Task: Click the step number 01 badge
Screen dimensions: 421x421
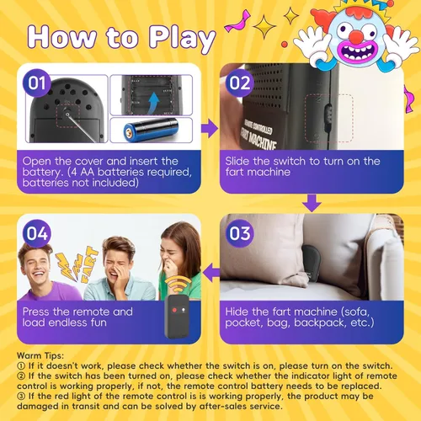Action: (37, 83)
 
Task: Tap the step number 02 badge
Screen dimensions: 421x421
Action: (240, 83)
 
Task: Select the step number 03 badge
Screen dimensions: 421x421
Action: (240, 233)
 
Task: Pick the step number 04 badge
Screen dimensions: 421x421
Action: (37, 233)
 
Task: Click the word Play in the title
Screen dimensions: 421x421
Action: (182, 37)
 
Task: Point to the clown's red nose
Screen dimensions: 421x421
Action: (356, 36)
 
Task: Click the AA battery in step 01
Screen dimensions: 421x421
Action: (151, 130)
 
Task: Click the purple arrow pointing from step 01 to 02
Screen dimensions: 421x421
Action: (210, 128)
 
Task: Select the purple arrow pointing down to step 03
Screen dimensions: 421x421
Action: (312, 203)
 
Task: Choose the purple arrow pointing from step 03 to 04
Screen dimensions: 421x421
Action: (211, 274)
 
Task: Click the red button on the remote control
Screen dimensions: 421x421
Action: (174, 310)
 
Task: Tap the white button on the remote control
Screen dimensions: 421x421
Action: (184, 310)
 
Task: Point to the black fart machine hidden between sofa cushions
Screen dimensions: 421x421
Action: (311, 264)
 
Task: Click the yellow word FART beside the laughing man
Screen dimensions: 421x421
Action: (88, 264)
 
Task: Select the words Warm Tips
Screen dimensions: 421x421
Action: (40, 355)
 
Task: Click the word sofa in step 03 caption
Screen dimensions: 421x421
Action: (356, 312)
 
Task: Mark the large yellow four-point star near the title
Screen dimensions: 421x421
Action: (264, 27)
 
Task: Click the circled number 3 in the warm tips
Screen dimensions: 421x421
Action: (21, 397)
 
